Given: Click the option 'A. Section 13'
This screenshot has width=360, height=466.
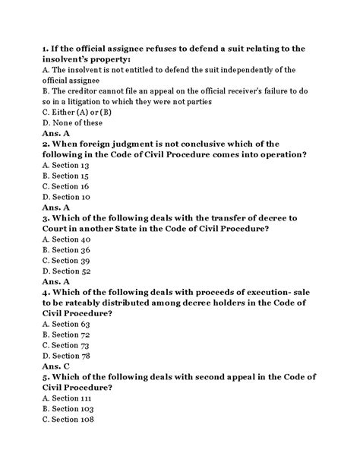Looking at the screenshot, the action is pyautogui.click(x=66, y=164).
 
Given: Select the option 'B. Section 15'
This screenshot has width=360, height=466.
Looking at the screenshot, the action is pyautogui.click(x=66, y=175).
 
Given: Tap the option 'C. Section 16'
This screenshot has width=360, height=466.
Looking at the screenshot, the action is pyautogui.click(x=66, y=185).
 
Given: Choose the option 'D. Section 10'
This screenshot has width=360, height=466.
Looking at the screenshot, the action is pyautogui.click(x=66, y=196).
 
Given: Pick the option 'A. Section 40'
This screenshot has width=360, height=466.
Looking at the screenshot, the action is pyautogui.click(x=66, y=239).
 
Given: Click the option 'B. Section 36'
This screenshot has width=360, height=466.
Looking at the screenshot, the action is pyautogui.click(x=66, y=249).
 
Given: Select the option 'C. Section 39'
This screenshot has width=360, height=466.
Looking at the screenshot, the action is pyautogui.click(x=66, y=260).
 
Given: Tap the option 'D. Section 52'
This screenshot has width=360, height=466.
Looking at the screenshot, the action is pyautogui.click(x=66, y=271).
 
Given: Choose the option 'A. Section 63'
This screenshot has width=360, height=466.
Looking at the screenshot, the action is pyautogui.click(x=66, y=324).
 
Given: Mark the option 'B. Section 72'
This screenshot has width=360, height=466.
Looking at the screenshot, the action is pyautogui.click(x=66, y=334).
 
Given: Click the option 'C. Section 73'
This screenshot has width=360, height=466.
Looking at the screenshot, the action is pyautogui.click(x=66, y=345).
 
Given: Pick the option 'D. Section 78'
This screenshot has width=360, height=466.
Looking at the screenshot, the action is pyautogui.click(x=66, y=355).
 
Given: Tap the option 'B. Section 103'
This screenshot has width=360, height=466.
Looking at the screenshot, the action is pyautogui.click(x=68, y=408).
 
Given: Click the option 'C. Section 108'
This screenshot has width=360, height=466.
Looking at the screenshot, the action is pyautogui.click(x=68, y=419).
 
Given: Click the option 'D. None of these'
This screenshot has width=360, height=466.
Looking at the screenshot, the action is pyautogui.click(x=73, y=122).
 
